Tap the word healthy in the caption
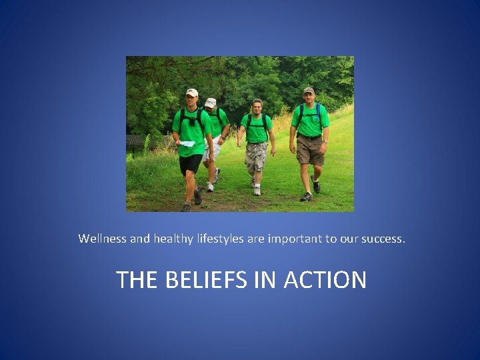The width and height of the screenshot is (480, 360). (x=175, y=238)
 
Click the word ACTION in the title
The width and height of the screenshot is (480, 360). (x=325, y=279)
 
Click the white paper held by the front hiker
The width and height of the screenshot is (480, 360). (x=187, y=143)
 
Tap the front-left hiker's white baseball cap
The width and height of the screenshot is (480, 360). (x=192, y=92)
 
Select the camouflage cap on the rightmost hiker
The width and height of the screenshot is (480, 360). (x=309, y=89)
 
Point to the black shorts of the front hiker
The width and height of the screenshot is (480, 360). (x=191, y=163)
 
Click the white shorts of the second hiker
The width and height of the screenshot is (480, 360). (x=213, y=150)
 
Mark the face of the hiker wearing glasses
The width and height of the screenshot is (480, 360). (x=257, y=107)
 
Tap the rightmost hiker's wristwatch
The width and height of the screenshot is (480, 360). (x=325, y=141)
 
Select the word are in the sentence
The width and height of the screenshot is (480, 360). (x=256, y=238)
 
